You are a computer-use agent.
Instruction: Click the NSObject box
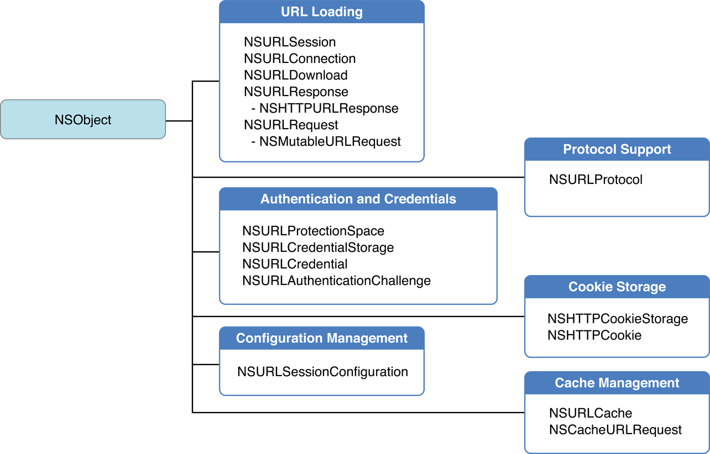[x=83, y=119]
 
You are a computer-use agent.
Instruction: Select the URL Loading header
[x=322, y=12]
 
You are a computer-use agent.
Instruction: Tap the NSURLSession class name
[x=290, y=42]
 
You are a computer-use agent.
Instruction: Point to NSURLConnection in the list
[x=300, y=59]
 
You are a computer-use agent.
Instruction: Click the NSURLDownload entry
[x=296, y=75]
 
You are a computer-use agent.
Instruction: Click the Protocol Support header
[x=617, y=149]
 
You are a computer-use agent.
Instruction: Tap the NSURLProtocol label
[x=596, y=180]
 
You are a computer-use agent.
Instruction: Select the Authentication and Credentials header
[x=358, y=199]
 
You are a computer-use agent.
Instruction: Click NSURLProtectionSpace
[x=313, y=231]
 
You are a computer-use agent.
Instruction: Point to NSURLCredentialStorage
[x=318, y=247]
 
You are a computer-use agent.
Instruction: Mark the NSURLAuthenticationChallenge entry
[x=336, y=281]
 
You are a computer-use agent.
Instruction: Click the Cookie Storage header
[x=617, y=287]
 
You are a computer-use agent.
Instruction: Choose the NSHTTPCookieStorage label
[x=618, y=319]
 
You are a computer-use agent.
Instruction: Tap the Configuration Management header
[x=322, y=338]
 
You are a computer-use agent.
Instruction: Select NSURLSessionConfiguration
[x=322, y=372]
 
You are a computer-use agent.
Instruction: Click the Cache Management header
[x=617, y=383]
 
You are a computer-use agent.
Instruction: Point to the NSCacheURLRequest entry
[x=615, y=430]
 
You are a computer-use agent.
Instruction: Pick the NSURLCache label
[x=591, y=413]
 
